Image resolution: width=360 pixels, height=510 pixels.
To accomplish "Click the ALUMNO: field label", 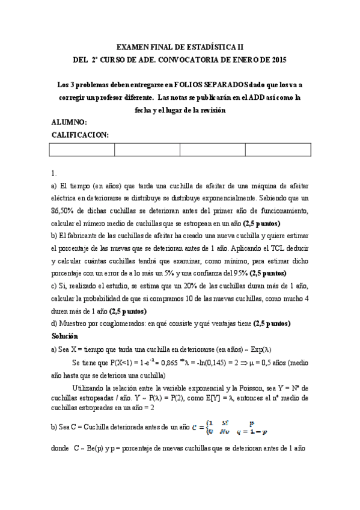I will [x=70, y=123].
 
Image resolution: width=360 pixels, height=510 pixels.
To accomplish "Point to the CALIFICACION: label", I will [x=81, y=135].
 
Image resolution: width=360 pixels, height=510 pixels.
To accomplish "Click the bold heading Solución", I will [x=65, y=336].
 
